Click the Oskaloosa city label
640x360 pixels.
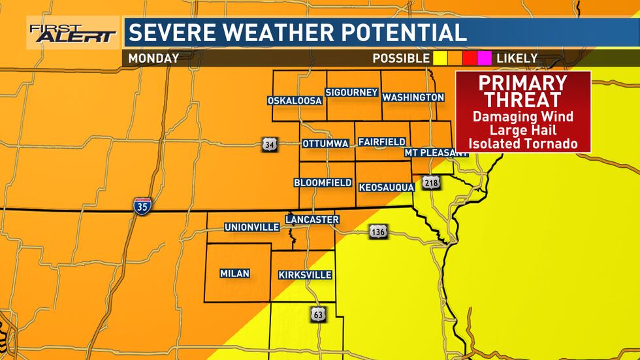(x=295, y=101)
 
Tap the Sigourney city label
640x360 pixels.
(x=352, y=93)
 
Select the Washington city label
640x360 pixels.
(x=413, y=97)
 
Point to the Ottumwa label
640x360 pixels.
(x=325, y=143)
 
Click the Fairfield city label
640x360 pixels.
(x=382, y=142)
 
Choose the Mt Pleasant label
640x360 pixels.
(x=436, y=152)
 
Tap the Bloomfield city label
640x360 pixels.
(x=323, y=182)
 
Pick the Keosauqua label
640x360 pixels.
(x=386, y=188)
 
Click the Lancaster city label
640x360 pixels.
(x=312, y=220)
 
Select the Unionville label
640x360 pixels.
(x=251, y=227)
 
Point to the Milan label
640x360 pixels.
(x=234, y=273)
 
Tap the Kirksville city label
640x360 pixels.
(x=305, y=275)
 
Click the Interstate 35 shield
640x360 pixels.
(x=142, y=206)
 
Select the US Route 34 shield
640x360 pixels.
(x=269, y=144)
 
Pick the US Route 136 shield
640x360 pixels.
(x=377, y=231)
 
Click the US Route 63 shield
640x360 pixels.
(x=318, y=314)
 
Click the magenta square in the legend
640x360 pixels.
(x=485, y=58)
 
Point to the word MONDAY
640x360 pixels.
(x=153, y=58)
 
